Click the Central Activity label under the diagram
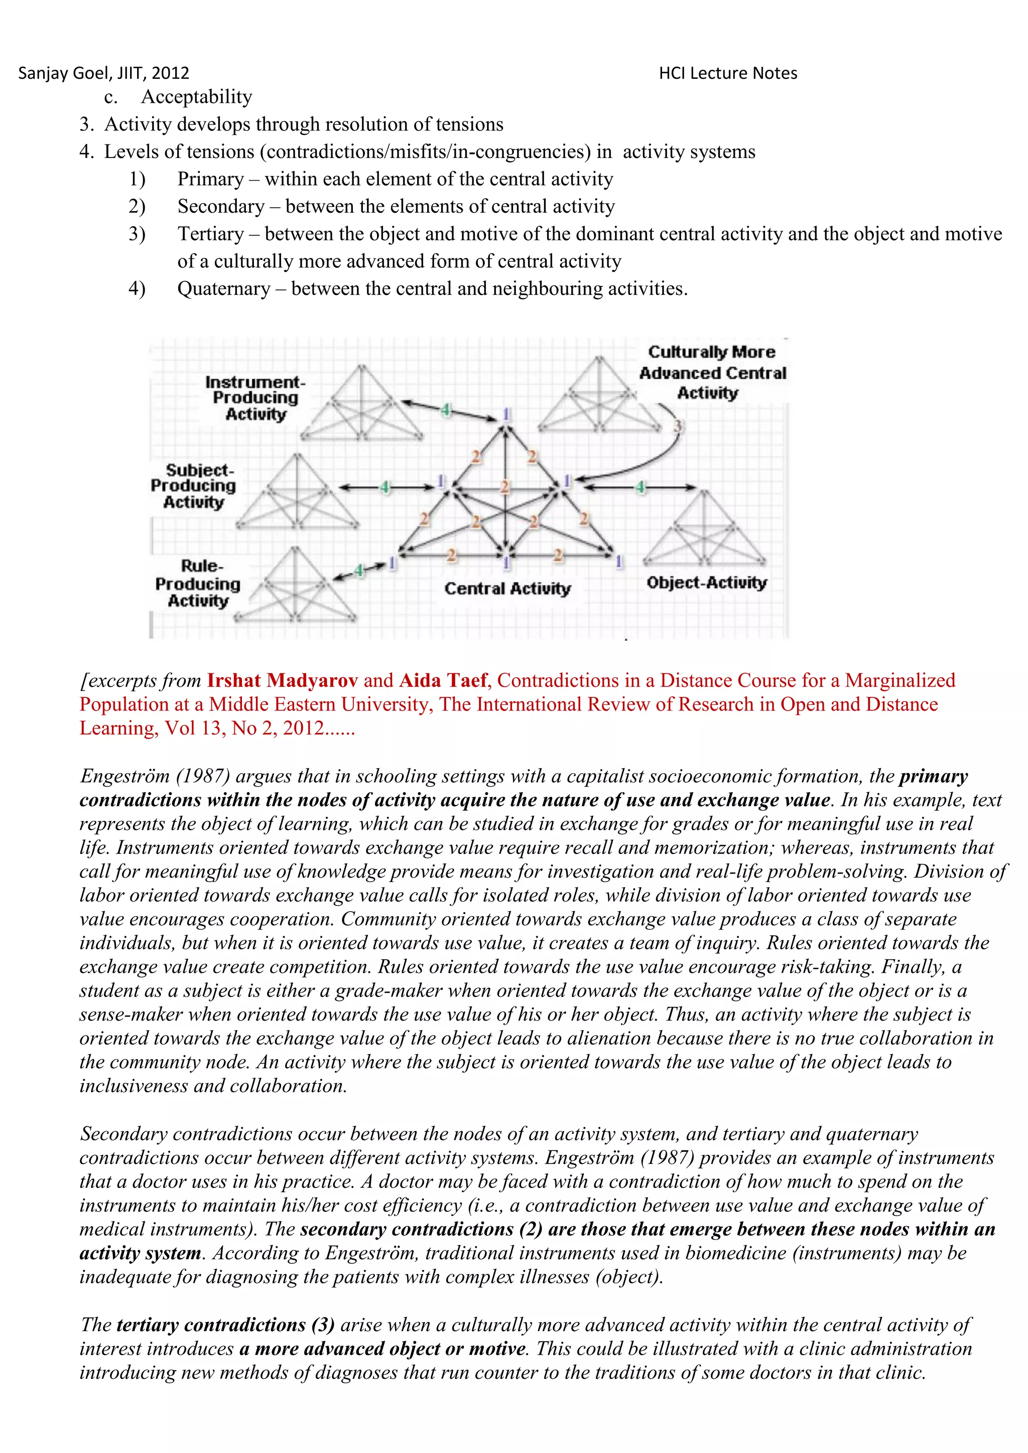[507, 589]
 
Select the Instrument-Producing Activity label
[255, 398]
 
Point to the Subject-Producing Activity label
[193, 486]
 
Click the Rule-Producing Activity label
[197, 584]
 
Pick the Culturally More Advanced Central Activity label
[711, 372]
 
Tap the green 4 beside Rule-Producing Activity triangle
[359, 570]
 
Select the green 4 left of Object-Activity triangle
[640, 487]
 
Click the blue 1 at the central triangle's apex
[506, 414]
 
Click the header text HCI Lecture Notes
[728, 73]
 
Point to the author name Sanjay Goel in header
[63, 73]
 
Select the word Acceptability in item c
[196, 97]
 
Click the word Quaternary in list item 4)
[223, 288]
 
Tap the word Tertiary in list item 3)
[210, 234]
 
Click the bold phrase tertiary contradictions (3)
[225, 1325]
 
